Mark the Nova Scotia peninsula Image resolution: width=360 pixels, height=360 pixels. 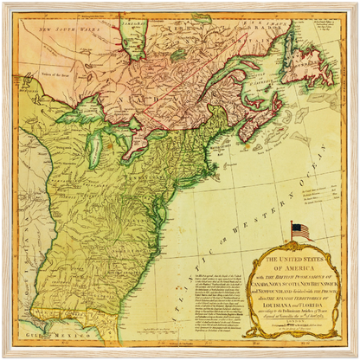point(252,130)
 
